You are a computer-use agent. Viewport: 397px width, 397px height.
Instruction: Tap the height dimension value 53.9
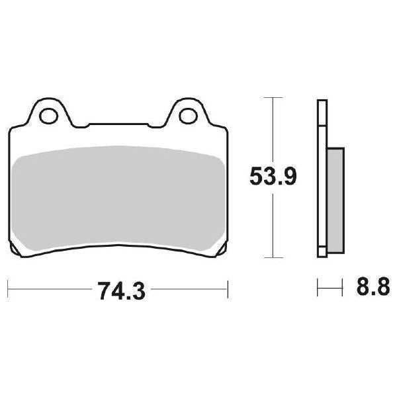[273, 177]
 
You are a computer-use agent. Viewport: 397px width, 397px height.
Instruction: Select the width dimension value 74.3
[118, 289]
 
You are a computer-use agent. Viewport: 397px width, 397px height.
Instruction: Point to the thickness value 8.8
[371, 289]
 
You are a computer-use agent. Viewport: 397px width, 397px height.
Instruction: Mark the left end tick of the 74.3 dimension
[9, 288]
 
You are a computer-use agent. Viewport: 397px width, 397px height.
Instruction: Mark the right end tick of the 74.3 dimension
[228, 288]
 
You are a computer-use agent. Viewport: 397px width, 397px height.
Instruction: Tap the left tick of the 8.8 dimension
[318, 288]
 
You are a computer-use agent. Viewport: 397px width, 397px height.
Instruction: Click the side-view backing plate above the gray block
[322, 122]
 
